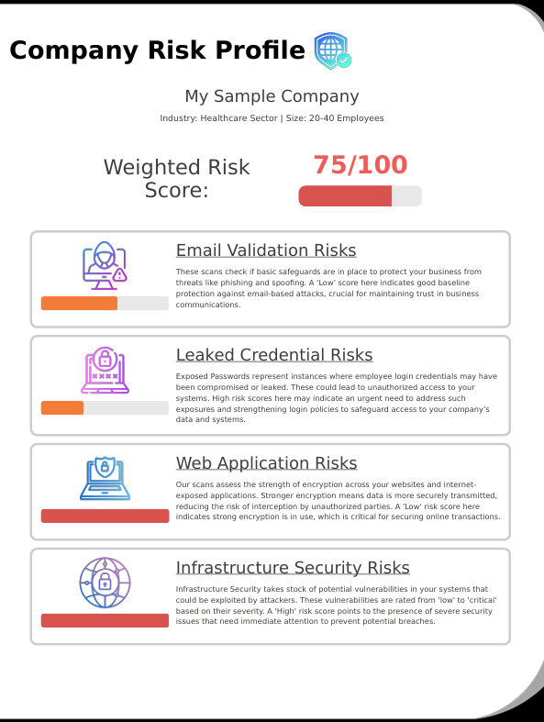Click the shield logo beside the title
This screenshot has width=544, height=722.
pyautogui.click(x=332, y=51)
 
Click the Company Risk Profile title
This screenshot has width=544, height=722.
pyautogui.click(x=157, y=50)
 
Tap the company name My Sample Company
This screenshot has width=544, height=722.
pyautogui.click(x=272, y=96)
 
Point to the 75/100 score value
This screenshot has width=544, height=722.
pyautogui.click(x=360, y=165)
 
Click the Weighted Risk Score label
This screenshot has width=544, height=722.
pyautogui.click(x=176, y=179)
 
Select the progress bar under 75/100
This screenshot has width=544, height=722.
pyautogui.click(x=360, y=195)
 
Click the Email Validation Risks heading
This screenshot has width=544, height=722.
pyautogui.click(x=266, y=250)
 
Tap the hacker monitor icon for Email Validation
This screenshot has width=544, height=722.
pyautogui.click(x=105, y=266)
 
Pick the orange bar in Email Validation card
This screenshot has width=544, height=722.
pyautogui.click(x=80, y=304)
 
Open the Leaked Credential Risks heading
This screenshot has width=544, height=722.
pyautogui.click(x=274, y=355)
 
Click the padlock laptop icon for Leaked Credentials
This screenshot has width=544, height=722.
pyautogui.click(x=105, y=371)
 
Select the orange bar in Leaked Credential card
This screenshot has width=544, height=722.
pyautogui.click(x=62, y=408)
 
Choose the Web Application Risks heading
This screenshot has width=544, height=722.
pyautogui.click(x=266, y=463)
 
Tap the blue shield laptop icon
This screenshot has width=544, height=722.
pyautogui.click(x=105, y=478)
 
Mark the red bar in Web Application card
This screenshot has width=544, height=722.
pyautogui.click(x=105, y=517)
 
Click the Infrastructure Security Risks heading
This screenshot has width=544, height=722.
pyautogui.click(x=293, y=568)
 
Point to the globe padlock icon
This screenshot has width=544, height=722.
pyautogui.click(x=105, y=583)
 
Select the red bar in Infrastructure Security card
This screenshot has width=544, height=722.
pyautogui.click(x=105, y=621)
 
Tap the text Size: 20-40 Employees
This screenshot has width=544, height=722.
pyautogui.click(x=335, y=118)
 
